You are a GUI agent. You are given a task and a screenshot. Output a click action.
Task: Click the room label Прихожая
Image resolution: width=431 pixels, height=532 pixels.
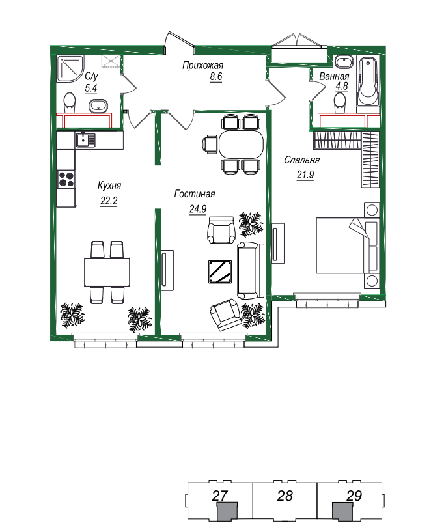point(202,65)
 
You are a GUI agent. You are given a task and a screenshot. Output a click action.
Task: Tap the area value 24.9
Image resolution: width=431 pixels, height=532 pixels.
point(198,209)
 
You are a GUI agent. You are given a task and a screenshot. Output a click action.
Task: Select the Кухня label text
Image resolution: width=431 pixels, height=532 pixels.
point(109,186)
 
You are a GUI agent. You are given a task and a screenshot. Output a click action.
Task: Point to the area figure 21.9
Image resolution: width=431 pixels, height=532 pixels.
point(305,175)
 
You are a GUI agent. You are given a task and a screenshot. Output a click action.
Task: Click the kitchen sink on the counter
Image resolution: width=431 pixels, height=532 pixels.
point(85,140)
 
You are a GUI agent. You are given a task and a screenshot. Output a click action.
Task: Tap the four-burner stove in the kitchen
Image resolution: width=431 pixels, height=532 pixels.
point(66,179)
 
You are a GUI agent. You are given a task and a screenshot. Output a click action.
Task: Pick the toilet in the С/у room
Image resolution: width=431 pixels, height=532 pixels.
point(70,102)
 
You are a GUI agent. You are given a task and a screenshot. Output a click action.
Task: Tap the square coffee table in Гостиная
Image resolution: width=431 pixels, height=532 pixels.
point(220,272)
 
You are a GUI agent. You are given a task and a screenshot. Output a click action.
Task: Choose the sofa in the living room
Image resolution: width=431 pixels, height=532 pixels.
point(250,270)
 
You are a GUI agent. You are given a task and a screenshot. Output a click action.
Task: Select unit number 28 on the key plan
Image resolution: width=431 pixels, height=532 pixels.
point(285,496)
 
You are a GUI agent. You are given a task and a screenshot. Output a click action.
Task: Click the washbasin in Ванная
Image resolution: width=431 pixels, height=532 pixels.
point(344,63)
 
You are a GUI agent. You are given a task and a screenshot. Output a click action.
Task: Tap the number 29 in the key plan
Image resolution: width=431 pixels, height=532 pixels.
point(354,496)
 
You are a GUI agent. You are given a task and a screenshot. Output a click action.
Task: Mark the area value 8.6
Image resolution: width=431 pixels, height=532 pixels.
point(215,76)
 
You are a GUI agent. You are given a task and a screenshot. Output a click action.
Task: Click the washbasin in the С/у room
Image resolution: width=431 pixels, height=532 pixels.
point(98,105)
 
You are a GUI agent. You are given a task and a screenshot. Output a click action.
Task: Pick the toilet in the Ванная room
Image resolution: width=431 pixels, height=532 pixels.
point(340,102)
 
